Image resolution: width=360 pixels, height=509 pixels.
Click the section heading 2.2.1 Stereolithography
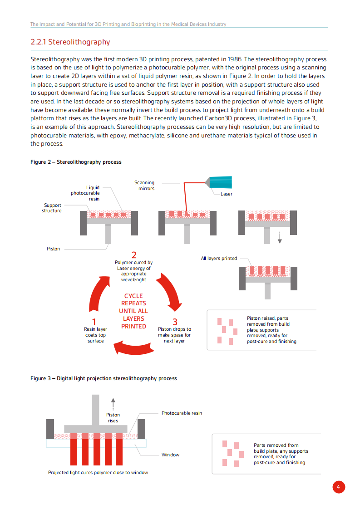[70, 42]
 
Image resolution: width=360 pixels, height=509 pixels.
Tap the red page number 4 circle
[338, 487]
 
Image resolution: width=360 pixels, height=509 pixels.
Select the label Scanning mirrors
[144, 186]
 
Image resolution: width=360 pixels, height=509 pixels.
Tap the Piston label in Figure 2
[53, 249]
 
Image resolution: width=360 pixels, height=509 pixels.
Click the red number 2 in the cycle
[133, 255]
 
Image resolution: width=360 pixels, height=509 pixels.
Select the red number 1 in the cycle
[94, 322]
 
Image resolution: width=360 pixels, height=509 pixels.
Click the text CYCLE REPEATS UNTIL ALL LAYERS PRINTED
[133, 311]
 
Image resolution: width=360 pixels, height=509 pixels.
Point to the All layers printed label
[219, 258]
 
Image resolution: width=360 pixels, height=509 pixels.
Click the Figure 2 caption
[76, 162]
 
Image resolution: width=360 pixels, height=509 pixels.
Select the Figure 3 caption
[104, 378]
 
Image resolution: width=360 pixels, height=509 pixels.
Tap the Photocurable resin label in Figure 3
[182, 413]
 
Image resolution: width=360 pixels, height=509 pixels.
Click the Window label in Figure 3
[170, 455]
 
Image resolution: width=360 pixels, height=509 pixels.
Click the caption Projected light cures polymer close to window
[98, 472]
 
